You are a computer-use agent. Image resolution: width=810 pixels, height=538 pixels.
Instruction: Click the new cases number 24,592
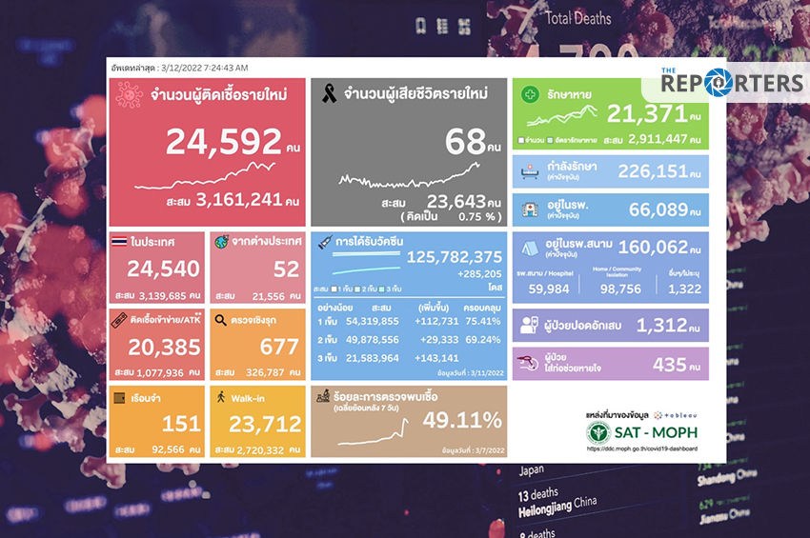[224, 142]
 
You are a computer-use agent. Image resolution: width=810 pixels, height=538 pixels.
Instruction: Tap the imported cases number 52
[284, 269]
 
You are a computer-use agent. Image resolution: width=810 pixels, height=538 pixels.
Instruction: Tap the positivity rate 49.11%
[461, 420]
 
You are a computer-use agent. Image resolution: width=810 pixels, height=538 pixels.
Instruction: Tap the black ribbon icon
[330, 93]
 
